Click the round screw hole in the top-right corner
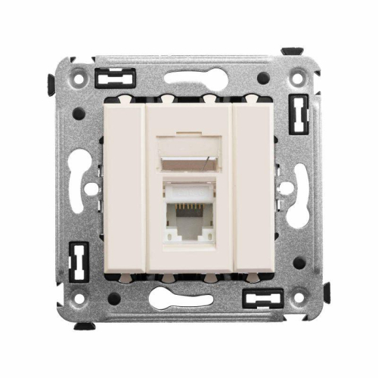[300, 76]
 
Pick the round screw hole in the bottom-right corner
[300, 299]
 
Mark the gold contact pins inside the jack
[188, 214]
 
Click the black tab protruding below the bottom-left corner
[85, 326]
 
